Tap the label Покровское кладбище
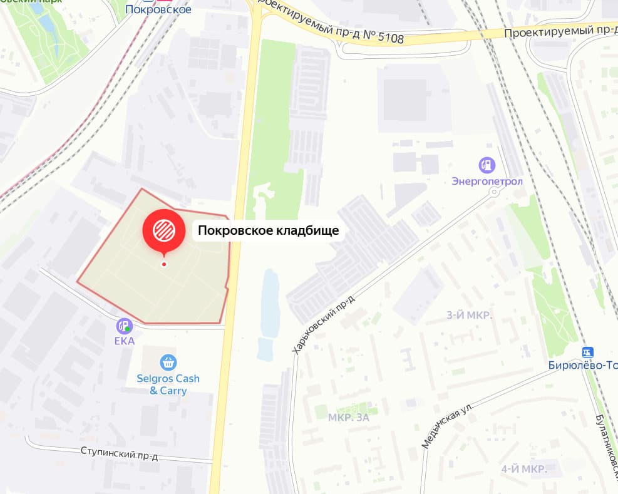click(269, 231)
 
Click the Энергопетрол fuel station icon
click(487, 166)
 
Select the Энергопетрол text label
click(487, 182)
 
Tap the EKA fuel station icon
click(123, 326)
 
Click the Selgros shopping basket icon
click(168, 363)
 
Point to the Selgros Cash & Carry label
click(168, 384)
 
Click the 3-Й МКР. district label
click(469, 315)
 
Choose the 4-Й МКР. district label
click(524, 469)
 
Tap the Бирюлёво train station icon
click(587, 352)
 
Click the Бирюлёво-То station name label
click(582, 366)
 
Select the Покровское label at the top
click(158, 9)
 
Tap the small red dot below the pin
click(164, 264)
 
